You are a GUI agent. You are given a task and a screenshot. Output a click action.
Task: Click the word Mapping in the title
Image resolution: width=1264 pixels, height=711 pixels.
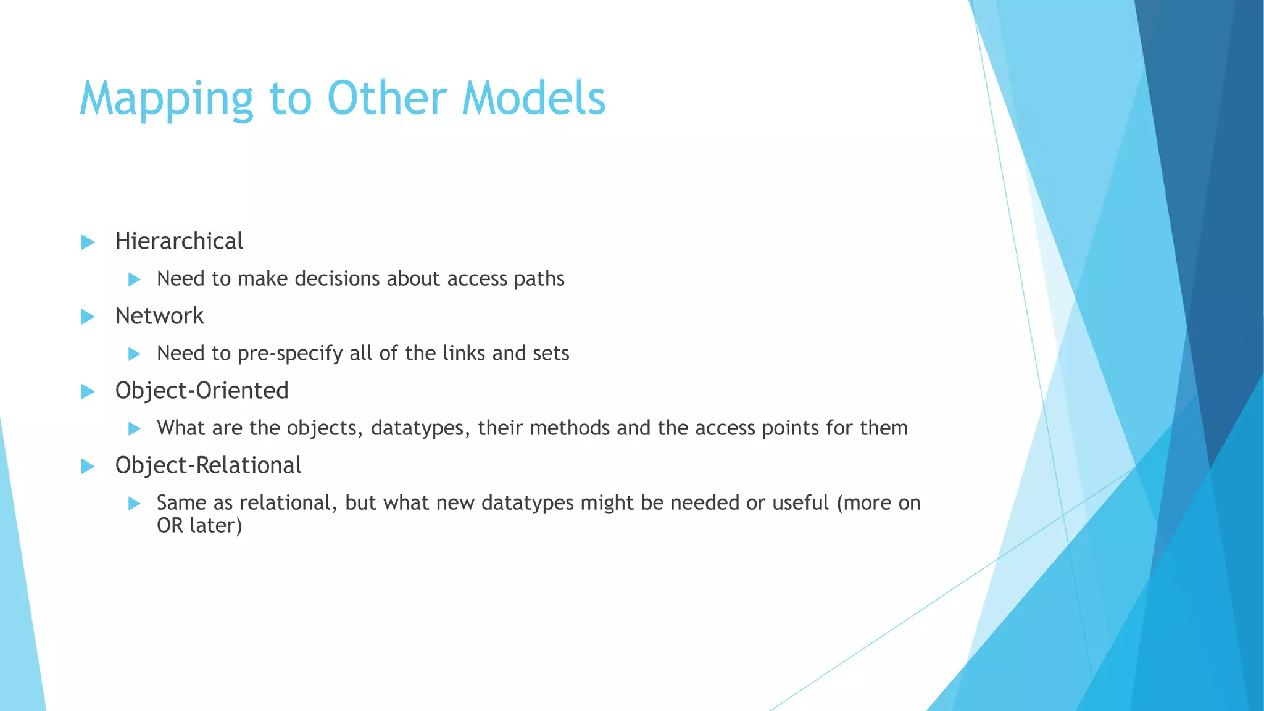pos(166,99)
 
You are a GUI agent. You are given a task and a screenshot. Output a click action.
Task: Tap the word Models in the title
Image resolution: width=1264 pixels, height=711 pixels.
pos(534,99)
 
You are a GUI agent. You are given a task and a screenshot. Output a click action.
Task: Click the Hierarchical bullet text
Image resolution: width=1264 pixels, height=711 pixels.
pos(179,241)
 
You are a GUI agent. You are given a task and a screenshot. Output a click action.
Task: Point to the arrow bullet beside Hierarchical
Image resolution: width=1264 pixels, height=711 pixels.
pos(88,242)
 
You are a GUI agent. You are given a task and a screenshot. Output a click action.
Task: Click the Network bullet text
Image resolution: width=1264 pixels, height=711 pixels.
pos(159,316)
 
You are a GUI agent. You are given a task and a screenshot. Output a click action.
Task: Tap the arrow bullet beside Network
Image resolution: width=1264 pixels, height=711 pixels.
pos(88,317)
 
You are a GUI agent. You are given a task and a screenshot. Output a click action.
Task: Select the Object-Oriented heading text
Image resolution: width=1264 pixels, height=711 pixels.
pos(202,391)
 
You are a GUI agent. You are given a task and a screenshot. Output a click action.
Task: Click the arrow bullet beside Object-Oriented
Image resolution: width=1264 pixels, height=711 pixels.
pos(88,391)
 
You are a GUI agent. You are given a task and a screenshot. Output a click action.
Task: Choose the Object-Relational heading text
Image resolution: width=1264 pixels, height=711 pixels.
pos(208,465)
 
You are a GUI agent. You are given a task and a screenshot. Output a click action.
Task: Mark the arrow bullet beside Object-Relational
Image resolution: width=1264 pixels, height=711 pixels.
pos(88,466)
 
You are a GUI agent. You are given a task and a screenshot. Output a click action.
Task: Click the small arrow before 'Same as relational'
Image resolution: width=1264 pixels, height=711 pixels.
pos(134,504)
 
